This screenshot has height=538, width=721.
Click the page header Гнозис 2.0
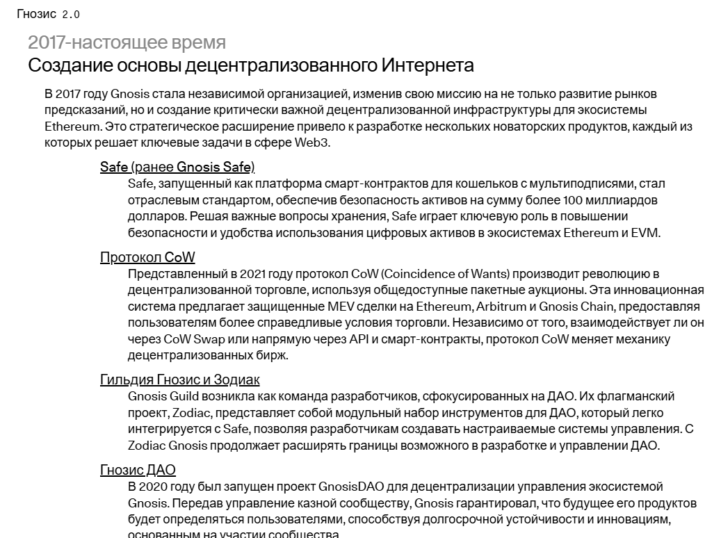(48, 14)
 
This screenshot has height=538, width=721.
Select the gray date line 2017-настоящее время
(127, 42)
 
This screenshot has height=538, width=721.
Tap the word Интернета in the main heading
(428, 66)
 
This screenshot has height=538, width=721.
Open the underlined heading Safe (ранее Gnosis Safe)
(177, 167)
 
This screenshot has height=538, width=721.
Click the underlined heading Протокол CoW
(147, 258)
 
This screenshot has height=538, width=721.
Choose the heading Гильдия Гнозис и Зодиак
(179, 380)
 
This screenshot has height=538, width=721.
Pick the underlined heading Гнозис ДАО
(138, 471)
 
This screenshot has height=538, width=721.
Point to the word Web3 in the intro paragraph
(311, 143)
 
